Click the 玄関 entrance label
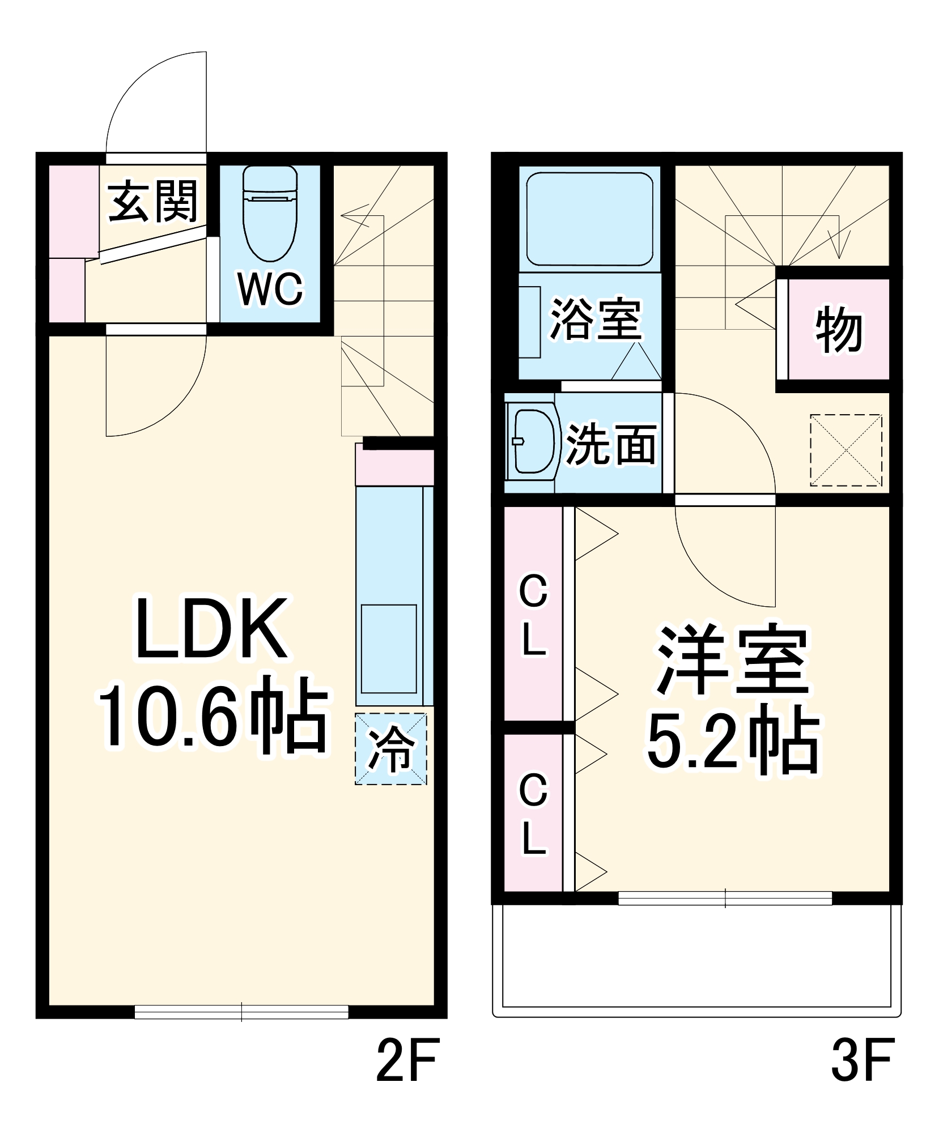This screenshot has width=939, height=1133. (153, 201)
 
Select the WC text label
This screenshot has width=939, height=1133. (270, 289)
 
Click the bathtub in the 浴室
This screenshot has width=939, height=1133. (589, 219)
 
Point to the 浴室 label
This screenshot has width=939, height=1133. (596, 319)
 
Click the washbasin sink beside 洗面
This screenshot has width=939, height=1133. (532, 441)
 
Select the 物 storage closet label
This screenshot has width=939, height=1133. (839, 329)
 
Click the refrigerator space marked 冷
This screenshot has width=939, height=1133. (391, 748)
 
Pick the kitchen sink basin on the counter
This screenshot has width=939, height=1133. (389, 649)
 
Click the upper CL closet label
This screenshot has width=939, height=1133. (533, 615)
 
